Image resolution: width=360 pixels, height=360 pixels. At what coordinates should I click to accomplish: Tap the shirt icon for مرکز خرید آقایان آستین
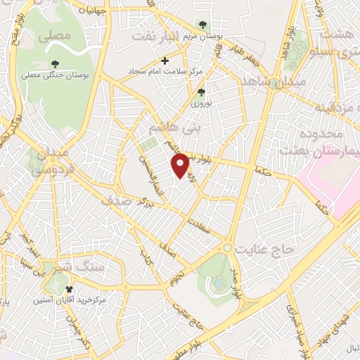click(69, 290)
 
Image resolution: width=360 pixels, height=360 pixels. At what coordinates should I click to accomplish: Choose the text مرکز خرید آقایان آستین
click(68, 300)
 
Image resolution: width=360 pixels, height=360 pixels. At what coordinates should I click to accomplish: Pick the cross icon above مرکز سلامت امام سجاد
click(165, 61)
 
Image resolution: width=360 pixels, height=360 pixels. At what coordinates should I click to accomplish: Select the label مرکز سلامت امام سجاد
click(165, 72)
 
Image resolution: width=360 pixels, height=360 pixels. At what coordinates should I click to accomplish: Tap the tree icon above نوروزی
click(201, 92)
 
